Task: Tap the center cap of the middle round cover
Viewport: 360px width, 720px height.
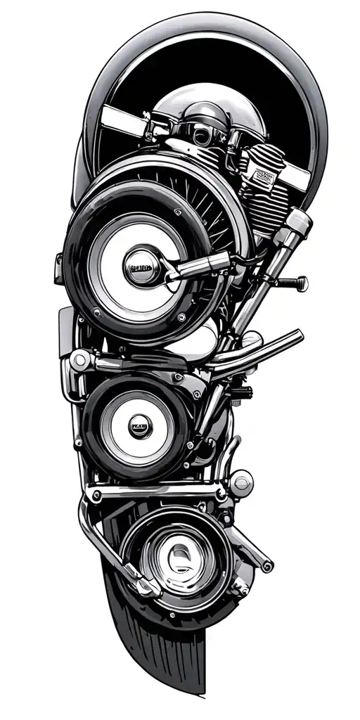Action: point(138,425)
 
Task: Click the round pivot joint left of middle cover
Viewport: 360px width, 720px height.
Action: point(79,361)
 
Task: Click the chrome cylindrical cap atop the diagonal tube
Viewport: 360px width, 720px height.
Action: point(298,223)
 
